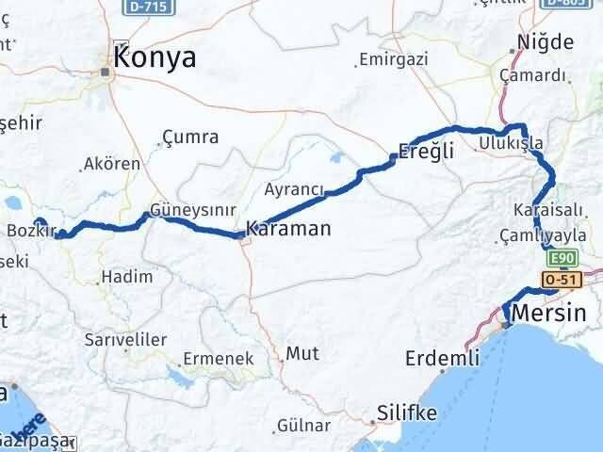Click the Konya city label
[155, 57]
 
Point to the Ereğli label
[427, 151]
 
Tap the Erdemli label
[442, 358]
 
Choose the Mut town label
[303, 353]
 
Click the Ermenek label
[219, 359]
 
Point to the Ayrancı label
[294, 188]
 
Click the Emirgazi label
[393, 60]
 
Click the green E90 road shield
[562, 258]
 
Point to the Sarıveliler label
[125, 339]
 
